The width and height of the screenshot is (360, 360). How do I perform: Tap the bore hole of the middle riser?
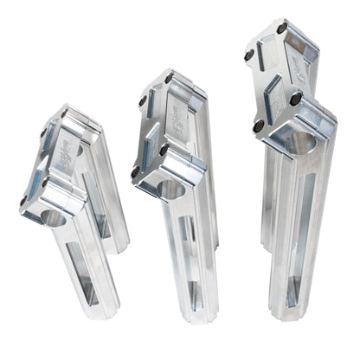(x=172, y=190)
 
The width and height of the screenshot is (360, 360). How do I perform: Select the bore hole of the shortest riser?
(x=55, y=217)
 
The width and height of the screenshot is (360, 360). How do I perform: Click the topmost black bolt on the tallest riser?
(x=282, y=28)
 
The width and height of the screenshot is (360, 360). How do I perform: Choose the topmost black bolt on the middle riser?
(x=169, y=79)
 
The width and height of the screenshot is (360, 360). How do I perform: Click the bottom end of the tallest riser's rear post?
(x=269, y=242)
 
